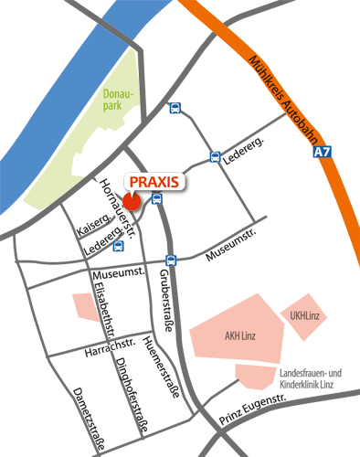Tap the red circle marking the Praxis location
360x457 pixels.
pyautogui.click(x=132, y=201)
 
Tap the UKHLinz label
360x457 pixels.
pyautogui.click(x=305, y=316)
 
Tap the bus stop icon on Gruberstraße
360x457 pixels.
pyautogui.click(x=170, y=260)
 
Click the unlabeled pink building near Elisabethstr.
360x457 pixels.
pyautogui.click(x=86, y=307)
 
